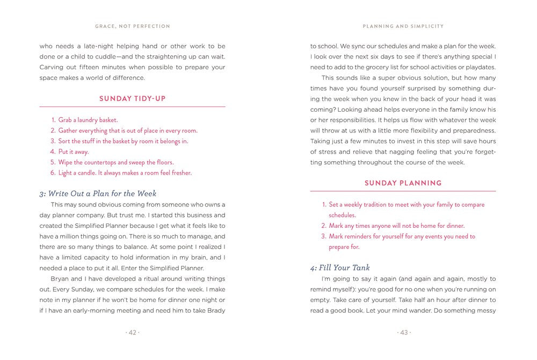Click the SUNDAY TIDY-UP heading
(132, 98)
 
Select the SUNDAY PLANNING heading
(403, 183)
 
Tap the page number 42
(132, 333)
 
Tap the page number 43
(403, 333)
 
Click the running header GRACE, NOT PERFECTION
(132, 26)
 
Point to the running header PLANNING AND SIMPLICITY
(403, 26)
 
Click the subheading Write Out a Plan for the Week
(98, 193)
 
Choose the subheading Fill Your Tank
(340, 268)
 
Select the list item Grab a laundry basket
(88, 120)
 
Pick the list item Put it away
(74, 152)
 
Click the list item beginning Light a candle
(125, 172)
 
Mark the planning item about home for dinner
(396, 226)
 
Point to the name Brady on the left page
(215, 311)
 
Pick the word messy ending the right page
(485, 311)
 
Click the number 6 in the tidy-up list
(53, 172)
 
